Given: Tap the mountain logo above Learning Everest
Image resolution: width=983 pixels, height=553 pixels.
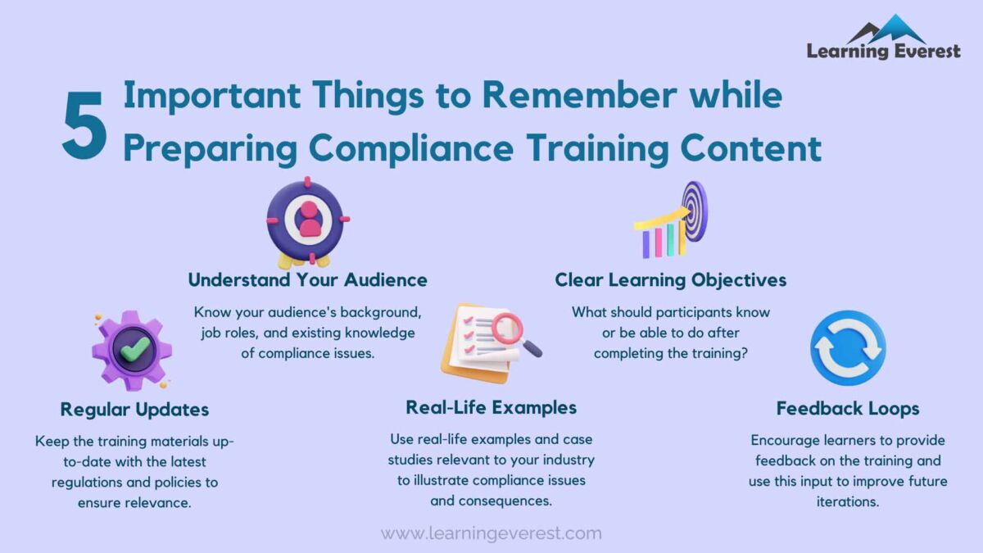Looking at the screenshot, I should (886, 29).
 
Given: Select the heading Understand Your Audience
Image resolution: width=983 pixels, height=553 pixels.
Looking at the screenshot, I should (307, 279).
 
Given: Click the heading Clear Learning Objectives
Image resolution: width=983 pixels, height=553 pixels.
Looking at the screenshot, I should (670, 279).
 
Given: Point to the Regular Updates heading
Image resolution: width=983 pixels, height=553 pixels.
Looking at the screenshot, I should (134, 409).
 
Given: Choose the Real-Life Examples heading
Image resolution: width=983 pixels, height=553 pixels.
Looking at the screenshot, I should (491, 407).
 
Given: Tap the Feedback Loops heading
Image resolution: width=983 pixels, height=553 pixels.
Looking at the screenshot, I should (848, 408).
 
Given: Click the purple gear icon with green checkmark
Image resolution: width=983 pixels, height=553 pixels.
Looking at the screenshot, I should (131, 350).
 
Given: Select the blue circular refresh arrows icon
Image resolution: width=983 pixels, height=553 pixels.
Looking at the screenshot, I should (848, 347).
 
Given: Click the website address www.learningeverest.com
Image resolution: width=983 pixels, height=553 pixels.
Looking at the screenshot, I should (491, 533).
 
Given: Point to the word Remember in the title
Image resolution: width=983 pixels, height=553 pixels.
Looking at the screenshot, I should (574, 96).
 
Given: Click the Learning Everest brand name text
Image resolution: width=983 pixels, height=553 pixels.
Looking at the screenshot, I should (883, 52).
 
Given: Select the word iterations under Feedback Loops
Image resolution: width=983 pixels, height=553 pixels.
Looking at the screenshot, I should (848, 501).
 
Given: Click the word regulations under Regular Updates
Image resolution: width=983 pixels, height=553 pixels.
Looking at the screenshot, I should (88, 482).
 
